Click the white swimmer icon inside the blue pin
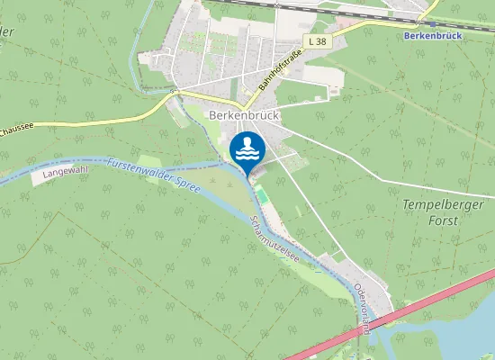coord(247,148)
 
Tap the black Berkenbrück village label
coord(245,115)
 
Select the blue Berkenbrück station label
coord(434,35)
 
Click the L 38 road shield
coord(316,42)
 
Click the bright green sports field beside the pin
coord(261,193)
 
